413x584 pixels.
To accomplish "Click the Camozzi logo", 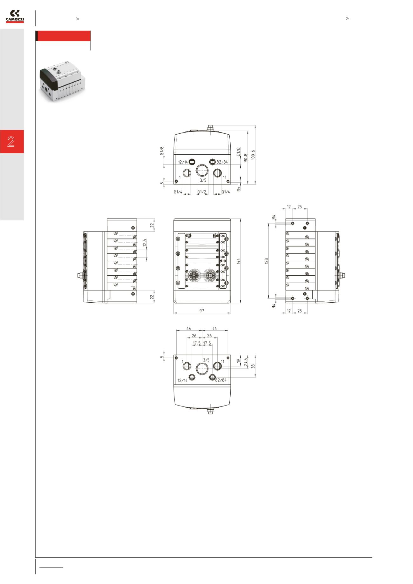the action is pos(15,17).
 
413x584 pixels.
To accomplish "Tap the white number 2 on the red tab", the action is pos(11,141).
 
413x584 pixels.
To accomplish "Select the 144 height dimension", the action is pos(238,261).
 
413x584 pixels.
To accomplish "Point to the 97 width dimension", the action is pos(202,311).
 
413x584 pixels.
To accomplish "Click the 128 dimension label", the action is pos(267,261).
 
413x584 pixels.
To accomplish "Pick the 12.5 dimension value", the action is pos(145,243).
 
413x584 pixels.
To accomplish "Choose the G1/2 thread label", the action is pos(202,192).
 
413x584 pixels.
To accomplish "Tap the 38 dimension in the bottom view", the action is pos(253,366).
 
